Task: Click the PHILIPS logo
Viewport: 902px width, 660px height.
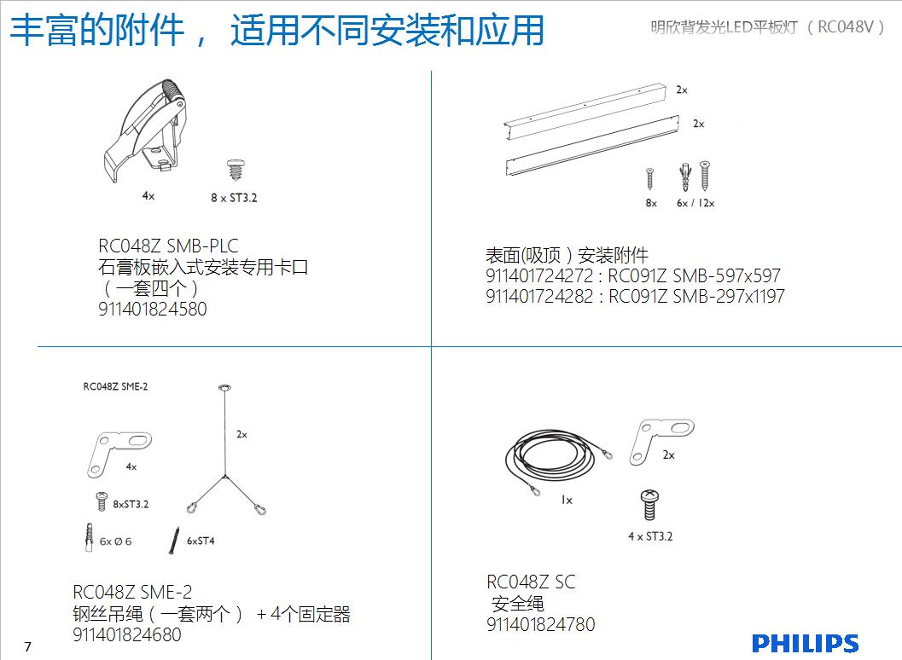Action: [x=805, y=643]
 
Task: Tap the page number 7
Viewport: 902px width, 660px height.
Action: [x=27, y=646]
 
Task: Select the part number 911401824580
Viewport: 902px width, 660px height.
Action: [x=153, y=309]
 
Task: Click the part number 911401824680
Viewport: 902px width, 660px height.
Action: [x=127, y=634]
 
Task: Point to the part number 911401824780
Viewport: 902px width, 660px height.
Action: [x=541, y=624]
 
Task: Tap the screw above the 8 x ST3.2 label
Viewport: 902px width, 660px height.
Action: [x=235, y=171]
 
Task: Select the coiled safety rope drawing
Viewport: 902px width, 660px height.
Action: [x=556, y=460]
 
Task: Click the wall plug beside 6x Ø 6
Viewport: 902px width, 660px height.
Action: [x=89, y=537]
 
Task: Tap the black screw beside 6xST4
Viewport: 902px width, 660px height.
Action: [x=174, y=541]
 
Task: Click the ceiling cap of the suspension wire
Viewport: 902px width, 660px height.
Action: [x=224, y=388]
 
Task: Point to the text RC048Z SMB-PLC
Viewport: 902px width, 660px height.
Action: [x=168, y=246]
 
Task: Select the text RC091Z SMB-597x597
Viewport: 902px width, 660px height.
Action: [x=695, y=275]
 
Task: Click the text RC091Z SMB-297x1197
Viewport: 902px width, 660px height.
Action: [x=696, y=296]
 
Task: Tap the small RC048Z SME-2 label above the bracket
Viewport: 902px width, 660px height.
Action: [x=115, y=386]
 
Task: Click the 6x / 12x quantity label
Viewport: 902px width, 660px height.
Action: [x=695, y=203]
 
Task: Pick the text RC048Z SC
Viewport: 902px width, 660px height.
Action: [x=531, y=582]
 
